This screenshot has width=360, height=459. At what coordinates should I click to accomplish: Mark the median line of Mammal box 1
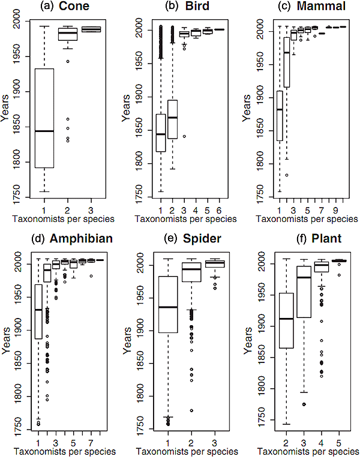pos(280,110)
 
